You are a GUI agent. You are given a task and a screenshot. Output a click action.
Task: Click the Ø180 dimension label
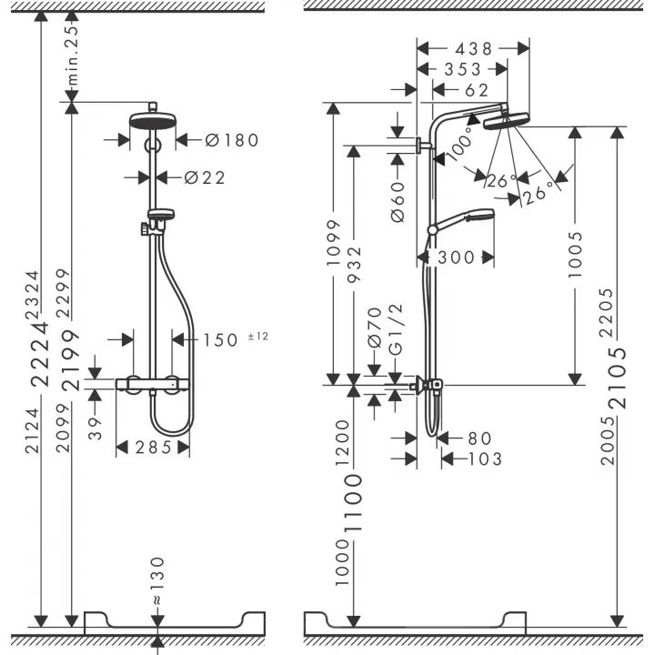232,140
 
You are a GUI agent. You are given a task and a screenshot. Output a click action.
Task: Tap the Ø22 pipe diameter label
205,178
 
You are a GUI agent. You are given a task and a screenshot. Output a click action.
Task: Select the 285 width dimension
154,448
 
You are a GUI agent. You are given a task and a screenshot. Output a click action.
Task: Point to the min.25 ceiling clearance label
73,56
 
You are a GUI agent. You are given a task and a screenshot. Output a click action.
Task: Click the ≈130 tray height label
157,580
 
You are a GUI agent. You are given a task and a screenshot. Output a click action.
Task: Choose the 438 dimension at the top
474,49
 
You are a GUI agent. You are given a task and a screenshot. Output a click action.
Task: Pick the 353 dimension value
462,70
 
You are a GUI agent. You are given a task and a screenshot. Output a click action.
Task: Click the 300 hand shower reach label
456,257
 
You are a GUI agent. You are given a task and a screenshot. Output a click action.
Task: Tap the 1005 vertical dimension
576,255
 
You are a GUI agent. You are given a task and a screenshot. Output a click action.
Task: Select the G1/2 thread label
396,329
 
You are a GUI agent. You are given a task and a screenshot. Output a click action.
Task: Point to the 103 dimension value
485,459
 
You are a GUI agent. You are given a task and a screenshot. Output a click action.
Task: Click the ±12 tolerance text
257,336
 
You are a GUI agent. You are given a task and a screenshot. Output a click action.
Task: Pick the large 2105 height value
618,378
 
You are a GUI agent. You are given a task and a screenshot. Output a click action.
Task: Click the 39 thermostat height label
96,428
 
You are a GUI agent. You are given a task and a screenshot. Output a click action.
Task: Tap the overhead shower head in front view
153,120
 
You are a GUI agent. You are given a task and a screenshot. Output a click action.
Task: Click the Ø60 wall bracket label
398,202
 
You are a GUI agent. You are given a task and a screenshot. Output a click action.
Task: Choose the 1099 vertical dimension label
333,243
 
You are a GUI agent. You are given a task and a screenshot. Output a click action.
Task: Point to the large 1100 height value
353,502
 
